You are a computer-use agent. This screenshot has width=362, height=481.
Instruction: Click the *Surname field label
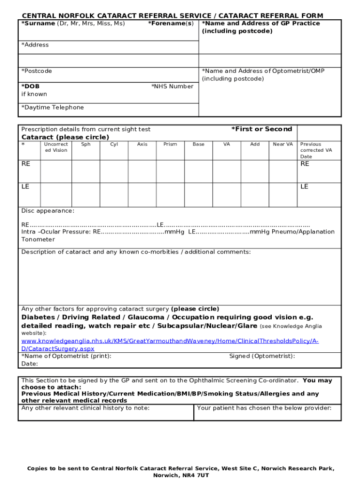coord(38,23)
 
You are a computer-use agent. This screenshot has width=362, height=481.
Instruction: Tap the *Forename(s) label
coord(170,23)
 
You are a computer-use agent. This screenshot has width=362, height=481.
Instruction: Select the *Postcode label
coord(37,71)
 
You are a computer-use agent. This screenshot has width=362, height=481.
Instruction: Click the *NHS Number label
coord(172,86)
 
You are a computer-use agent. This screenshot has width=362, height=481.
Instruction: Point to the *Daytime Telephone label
coord(53,108)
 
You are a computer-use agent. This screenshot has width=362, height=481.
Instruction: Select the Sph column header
coord(86,144)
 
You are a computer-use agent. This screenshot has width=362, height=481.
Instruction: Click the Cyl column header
coord(114,144)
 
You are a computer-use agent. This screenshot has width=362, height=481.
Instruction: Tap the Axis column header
coord(142,144)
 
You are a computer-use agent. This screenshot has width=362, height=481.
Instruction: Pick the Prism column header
coord(170,144)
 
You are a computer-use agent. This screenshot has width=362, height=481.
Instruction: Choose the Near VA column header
coord(283,144)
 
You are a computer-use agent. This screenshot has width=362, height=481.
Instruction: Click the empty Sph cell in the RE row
coord(86,171)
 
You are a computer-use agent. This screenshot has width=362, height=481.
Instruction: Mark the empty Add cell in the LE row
coord(255,194)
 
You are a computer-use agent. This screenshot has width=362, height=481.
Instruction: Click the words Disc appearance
coord(47,211)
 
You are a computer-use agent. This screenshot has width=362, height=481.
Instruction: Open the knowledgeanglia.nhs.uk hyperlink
coord(170,341)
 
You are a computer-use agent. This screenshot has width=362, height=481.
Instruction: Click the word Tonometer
coord(38,240)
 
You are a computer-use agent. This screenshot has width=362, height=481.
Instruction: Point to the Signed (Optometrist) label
coord(262,356)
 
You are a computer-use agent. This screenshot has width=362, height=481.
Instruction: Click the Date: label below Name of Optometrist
coord(30,364)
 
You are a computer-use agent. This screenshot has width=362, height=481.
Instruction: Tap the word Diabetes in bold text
coord(39,318)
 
